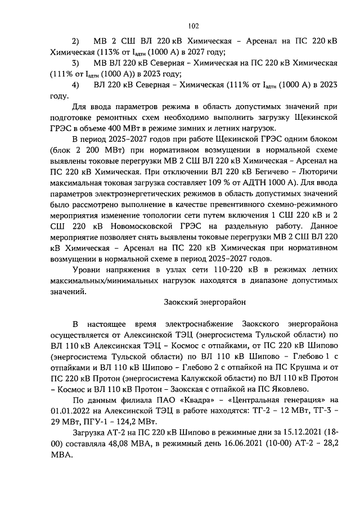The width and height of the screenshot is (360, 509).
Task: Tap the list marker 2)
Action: click(76, 42)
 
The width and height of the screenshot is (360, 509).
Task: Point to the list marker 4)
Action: click(76, 85)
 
